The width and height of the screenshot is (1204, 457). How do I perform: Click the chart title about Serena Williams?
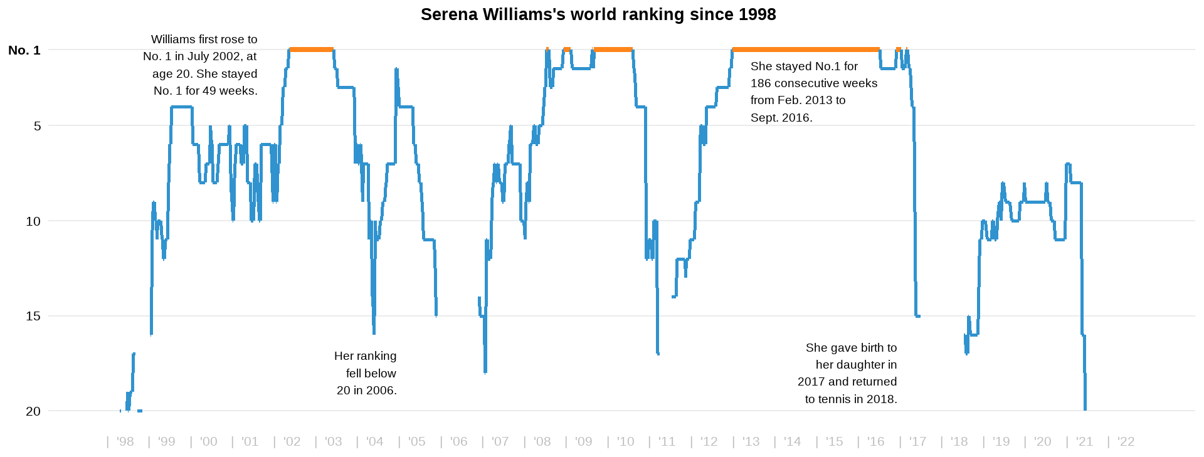[x=598, y=14]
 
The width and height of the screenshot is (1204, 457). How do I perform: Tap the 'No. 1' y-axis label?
[x=24, y=50]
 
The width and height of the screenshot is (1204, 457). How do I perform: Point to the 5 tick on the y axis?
[x=38, y=126]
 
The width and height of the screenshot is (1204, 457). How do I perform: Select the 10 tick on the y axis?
[x=33, y=221]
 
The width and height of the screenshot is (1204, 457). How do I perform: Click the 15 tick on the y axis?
[x=33, y=316]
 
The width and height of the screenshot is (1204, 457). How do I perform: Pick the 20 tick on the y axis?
[x=33, y=411]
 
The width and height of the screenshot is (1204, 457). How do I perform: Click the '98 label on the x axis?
[x=125, y=441]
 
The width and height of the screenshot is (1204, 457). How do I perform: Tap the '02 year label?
[x=292, y=441]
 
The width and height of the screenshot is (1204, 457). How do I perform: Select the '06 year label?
[x=458, y=441]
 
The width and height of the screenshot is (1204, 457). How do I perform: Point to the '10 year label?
[x=625, y=441]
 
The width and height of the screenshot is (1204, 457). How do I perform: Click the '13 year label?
[x=751, y=441]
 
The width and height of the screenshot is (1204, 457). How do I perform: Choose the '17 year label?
[x=917, y=441]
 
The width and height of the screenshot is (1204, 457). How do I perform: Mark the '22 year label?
[x=1126, y=441]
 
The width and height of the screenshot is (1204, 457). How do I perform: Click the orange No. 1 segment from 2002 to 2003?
[x=311, y=50]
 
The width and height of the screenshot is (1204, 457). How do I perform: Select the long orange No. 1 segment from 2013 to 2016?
[x=806, y=50]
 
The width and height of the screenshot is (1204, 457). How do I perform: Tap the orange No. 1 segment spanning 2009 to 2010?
[x=613, y=50]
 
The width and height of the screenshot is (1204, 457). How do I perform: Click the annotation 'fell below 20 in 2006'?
[x=366, y=382]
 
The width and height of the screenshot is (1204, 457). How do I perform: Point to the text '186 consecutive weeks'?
[x=814, y=83]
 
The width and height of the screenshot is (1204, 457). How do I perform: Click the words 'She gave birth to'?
[x=851, y=348]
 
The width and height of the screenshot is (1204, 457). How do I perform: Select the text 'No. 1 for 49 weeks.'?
[x=206, y=91]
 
